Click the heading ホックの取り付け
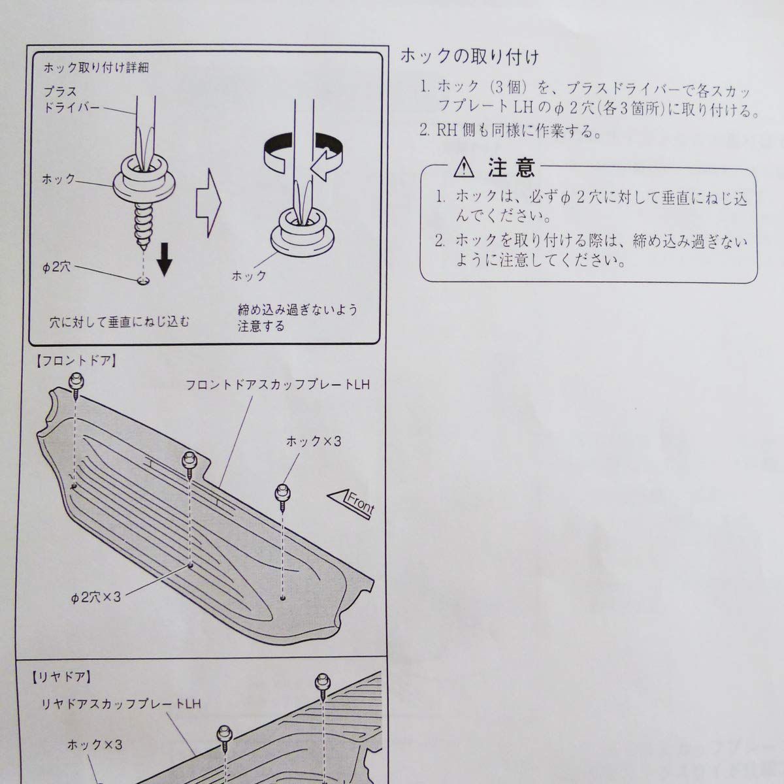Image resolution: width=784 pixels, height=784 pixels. (x=470, y=57)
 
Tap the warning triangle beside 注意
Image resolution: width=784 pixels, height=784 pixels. (x=463, y=169)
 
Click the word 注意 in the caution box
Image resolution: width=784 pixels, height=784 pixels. (x=512, y=168)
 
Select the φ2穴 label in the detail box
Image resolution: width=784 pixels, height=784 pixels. (x=56, y=269)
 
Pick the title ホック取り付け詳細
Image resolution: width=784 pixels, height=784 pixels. (x=95, y=68)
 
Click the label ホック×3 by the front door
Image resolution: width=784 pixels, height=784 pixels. (x=313, y=442)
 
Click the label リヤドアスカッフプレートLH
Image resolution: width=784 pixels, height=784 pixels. (x=118, y=704)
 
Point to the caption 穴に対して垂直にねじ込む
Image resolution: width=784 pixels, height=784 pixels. (x=120, y=321)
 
